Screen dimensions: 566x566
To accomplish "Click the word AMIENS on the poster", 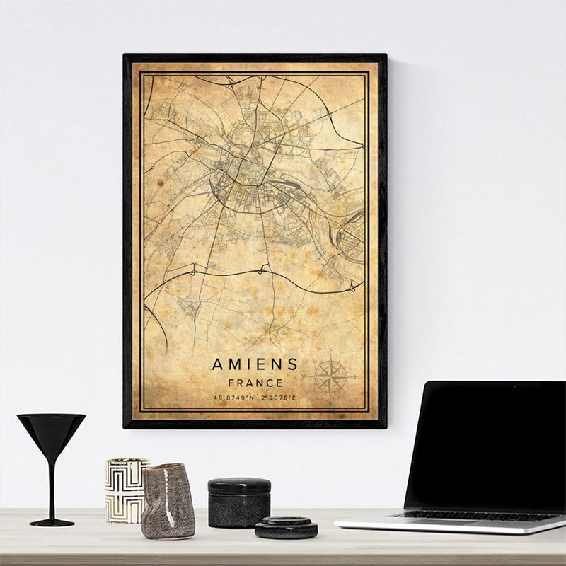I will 255,364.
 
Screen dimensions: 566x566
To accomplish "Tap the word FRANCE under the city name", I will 255,383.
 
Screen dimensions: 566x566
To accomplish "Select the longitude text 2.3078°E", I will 278,398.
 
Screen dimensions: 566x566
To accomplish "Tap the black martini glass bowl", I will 51,429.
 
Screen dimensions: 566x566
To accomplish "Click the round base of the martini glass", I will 51,522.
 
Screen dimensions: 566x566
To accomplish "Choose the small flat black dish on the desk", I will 286,527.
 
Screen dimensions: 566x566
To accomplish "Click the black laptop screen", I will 485,446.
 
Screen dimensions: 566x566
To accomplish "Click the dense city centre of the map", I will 237,170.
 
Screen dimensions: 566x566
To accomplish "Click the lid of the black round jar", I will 239,485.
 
